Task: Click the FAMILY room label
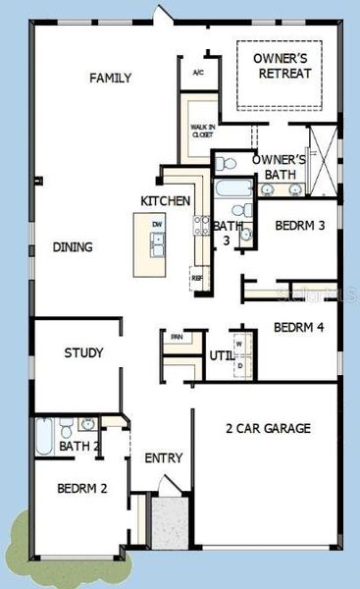pos(111,79)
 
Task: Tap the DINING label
pos(73,247)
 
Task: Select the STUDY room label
pos(84,352)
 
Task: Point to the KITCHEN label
pos(165,200)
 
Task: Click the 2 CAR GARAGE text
pos(268,428)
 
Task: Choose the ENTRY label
pos(163,458)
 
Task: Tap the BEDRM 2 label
pos(80,488)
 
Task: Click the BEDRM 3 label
pos(298,224)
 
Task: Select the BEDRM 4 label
pos(298,328)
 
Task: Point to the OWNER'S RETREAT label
pos(283,66)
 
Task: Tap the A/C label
pos(197,73)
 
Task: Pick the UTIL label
pos(221,355)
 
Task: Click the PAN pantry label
pos(177,338)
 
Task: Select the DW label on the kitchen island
pos(156,225)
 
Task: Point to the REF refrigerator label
pos(197,278)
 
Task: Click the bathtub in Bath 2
pos(46,432)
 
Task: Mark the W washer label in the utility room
pos(238,344)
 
